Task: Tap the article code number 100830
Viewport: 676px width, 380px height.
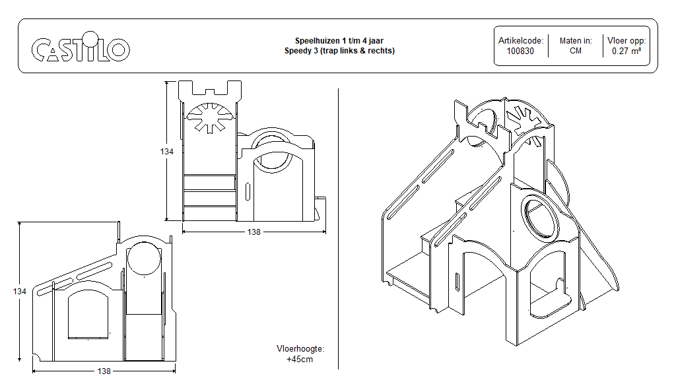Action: (520, 51)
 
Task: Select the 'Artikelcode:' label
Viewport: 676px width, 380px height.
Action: (520, 41)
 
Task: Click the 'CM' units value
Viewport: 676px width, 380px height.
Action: (575, 51)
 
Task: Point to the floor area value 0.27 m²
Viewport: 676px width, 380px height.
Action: (626, 51)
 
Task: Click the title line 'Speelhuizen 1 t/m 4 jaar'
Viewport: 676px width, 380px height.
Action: (339, 41)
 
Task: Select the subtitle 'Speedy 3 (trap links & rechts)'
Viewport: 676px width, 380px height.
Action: (339, 51)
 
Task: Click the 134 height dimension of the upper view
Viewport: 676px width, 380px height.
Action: (167, 152)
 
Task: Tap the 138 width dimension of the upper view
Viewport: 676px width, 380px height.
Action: (254, 232)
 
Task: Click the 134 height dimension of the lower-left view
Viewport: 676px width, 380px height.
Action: (20, 291)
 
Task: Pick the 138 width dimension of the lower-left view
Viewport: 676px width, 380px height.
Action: (104, 371)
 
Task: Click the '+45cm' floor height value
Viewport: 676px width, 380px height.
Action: (300, 360)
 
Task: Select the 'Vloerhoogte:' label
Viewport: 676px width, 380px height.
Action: (300, 349)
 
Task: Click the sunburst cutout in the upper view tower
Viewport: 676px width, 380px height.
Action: (209, 118)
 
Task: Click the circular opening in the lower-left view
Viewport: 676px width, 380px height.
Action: (144, 259)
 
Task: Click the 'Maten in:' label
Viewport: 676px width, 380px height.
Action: (575, 41)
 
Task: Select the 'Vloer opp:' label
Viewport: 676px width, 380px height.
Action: (626, 41)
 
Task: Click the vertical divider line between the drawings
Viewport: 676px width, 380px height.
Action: (338, 231)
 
